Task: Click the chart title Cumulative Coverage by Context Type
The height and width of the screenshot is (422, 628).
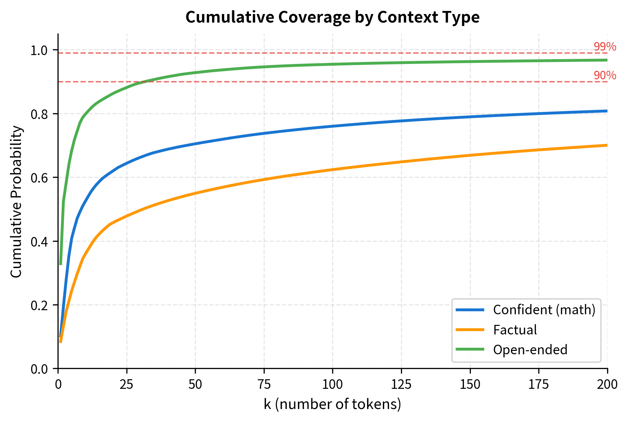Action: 332,17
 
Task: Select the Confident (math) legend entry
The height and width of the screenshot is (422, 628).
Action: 544,310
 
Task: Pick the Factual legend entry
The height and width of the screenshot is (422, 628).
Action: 515,330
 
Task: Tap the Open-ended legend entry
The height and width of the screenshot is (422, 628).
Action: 530,350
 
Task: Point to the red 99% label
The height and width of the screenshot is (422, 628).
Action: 605,47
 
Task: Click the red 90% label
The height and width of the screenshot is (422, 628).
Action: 605,76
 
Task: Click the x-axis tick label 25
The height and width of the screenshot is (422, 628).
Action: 127,385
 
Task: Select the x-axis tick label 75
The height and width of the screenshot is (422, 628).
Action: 264,385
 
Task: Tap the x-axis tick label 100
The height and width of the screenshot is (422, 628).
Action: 332,385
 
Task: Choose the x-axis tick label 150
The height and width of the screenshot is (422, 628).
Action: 470,385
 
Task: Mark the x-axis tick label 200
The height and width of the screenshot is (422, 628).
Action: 607,385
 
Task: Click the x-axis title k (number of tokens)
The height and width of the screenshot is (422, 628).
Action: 332,404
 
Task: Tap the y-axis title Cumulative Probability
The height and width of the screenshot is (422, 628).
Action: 16,201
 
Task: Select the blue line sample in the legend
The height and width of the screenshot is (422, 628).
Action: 470,310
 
